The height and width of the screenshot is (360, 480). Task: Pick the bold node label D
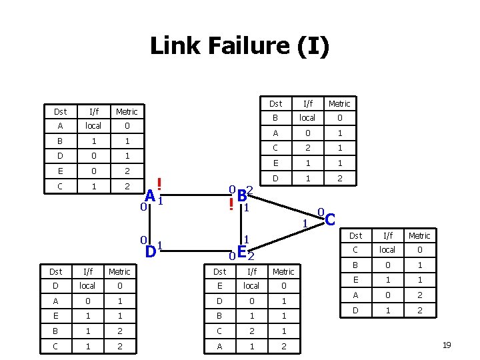151,251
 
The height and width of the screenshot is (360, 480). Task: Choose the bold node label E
242,251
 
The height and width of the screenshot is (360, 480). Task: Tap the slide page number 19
446,345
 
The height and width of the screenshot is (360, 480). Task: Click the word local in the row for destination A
93,126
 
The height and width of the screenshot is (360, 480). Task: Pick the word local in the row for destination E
252,285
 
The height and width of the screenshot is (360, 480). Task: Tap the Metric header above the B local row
339,103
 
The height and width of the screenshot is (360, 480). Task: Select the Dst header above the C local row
356,235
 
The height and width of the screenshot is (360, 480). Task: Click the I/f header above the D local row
88,271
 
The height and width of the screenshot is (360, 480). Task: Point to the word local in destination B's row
307,118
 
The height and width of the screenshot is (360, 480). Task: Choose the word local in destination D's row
88,285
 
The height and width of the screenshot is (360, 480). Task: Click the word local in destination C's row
387,250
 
